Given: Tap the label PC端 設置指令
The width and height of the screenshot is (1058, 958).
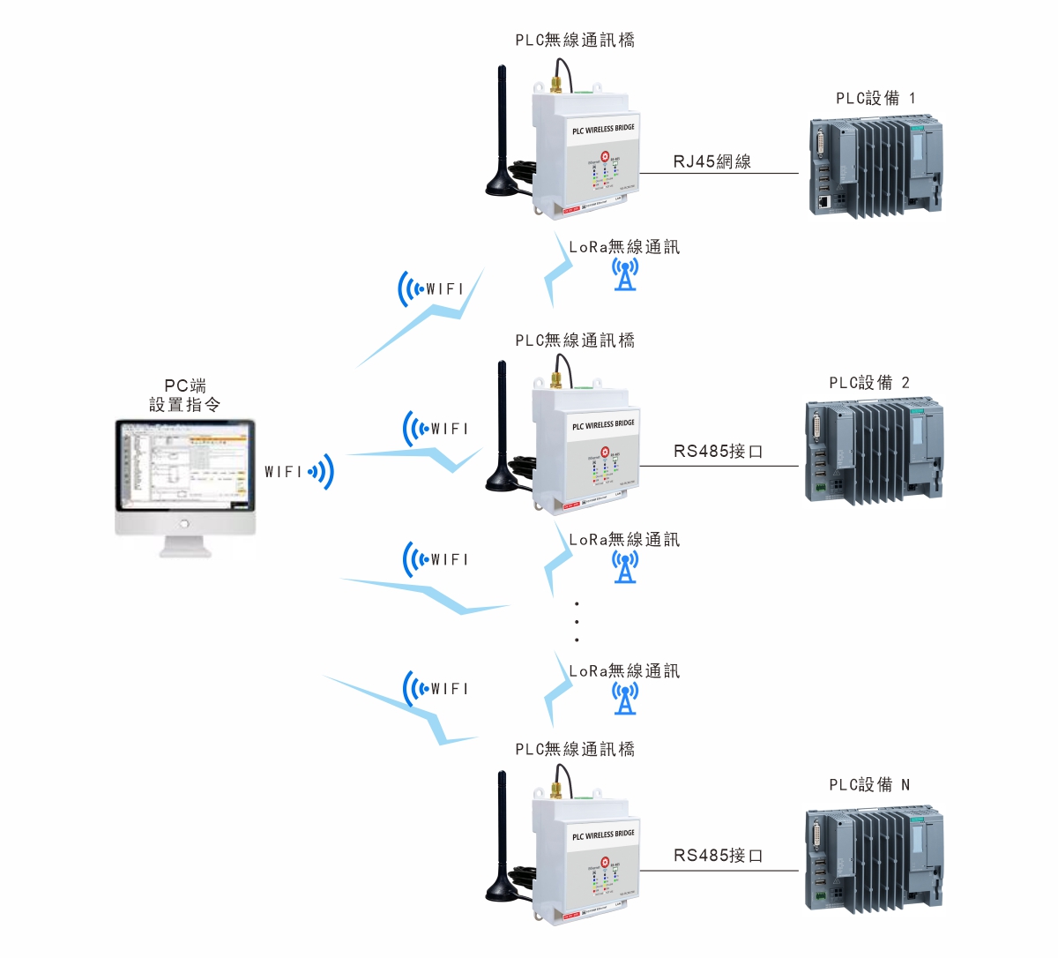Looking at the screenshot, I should pyautogui.click(x=185, y=395).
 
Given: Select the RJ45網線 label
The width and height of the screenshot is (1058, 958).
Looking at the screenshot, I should pyautogui.click(x=712, y=161).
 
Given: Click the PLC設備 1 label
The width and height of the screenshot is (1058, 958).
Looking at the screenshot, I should pyautogui.click(x=875, y=98).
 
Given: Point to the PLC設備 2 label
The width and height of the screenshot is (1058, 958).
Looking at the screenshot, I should pyautogui.click(x=869, y=382).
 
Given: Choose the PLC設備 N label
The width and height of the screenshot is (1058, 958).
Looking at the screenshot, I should pyautogui.click(x=869, y=784).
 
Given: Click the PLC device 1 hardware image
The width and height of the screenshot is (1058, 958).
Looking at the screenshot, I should pyautogui.click(x=875, y=168).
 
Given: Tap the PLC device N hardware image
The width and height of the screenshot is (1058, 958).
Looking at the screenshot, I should pyautogui.click(x=874, y=857).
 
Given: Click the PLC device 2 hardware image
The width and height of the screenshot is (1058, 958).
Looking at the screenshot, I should pyautogui.click(x=874, y=452).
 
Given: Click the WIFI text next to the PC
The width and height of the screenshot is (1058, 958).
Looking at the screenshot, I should pyautogui.click(x=283, y=472).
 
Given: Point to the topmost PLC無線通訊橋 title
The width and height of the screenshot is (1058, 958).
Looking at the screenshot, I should pyautogui.click(x=575, y=40).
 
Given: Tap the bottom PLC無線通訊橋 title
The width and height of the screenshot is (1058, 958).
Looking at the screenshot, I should pyautogui.click(x=575, y=749).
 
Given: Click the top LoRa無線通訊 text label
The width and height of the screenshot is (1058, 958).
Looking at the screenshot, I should pyautogui.click(x=624, y=247).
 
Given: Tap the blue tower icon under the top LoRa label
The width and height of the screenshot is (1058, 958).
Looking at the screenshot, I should pyautogui.click(x=625, y=274).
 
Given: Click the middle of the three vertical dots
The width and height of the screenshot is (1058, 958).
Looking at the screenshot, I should pyautogui.click(x=577, y=622).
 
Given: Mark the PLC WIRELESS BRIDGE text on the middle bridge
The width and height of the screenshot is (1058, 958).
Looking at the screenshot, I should pyautogui.click(x=603, y=425).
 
